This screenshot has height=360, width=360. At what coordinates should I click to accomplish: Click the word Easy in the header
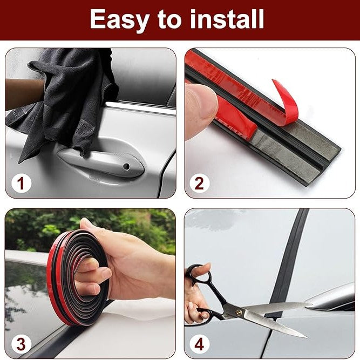119,20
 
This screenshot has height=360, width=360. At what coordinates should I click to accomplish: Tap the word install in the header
227,19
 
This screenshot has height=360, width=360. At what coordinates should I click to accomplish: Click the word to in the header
169,20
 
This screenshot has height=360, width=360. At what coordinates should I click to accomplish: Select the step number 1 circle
21,183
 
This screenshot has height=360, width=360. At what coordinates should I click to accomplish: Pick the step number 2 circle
199,183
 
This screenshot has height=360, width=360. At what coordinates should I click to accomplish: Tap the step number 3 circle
21,344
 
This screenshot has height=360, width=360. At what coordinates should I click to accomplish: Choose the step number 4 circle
199,344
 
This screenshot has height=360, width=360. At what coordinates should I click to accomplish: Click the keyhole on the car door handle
126,166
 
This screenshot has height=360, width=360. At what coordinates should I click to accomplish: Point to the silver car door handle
100,161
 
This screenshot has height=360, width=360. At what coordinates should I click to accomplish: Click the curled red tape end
284,103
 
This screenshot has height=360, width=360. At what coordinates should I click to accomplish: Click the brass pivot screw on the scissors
239,312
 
